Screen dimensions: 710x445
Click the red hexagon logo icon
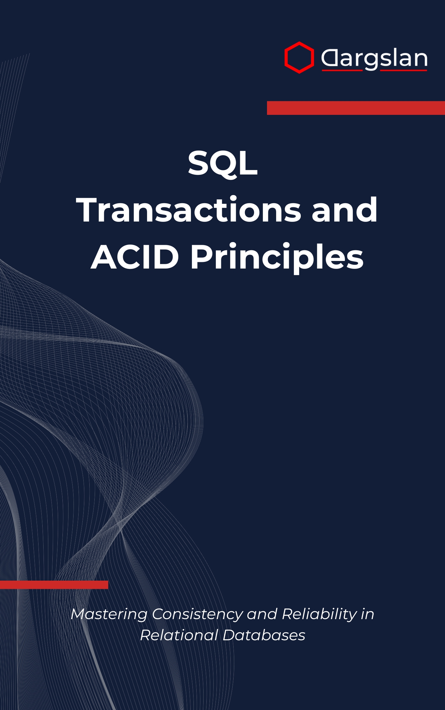(x=299, y=58)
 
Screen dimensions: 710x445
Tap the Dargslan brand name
(x=374, y=59)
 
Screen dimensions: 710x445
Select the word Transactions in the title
(x=189, y=210)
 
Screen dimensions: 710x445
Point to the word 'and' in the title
(x=344, y=210)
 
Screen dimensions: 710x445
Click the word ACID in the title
(x=135, y=257)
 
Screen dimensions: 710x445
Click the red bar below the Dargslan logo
(x=356, y=108)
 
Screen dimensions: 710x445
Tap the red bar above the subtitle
(x=54, y=585)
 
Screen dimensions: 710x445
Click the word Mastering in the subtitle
(x=109, y=614)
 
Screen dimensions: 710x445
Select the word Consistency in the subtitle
(x=197, y=614)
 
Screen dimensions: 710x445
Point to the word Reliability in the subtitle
(x=319, y=614)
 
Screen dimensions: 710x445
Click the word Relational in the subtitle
(x=179, y=635)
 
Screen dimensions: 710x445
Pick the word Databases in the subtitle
(x=264, y=635)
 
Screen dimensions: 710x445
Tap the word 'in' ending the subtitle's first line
(x=367, y=614)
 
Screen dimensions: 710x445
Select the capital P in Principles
(x=201, y=257)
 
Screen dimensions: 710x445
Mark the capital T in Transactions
(x=89, y=210)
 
